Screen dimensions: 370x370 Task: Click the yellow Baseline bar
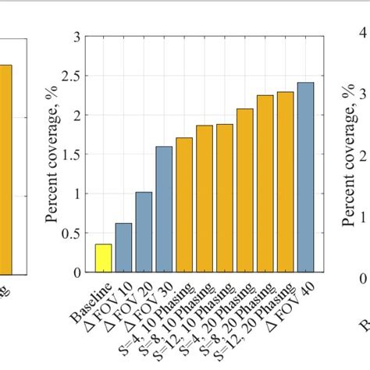103,258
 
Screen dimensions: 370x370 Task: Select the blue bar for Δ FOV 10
123,247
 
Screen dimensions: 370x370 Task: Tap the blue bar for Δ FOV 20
144,232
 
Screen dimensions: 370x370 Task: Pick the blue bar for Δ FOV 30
164,209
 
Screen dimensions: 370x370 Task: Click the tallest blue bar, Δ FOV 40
305,177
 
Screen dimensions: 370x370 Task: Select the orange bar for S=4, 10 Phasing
184,205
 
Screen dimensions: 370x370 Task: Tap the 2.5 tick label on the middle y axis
73,76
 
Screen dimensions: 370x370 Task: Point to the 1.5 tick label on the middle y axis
73,155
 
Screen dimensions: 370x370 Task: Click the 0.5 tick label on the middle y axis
73,233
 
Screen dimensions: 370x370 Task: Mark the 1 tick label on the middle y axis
76,194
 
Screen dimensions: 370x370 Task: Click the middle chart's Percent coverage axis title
52,155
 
